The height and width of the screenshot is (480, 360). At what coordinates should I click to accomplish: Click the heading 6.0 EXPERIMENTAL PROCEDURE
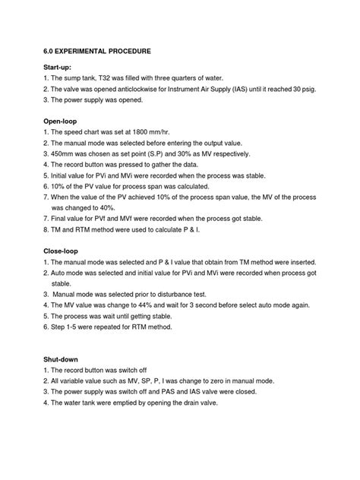coord(96,51)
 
